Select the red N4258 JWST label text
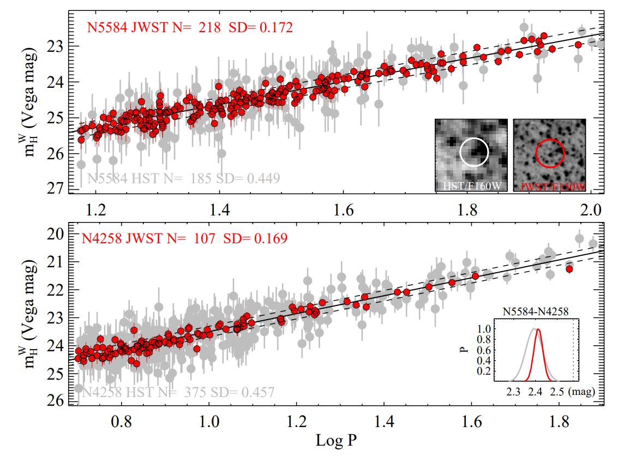(x=184, y=238)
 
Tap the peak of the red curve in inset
(x=538, y=329)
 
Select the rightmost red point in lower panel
(x=569, y=269)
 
